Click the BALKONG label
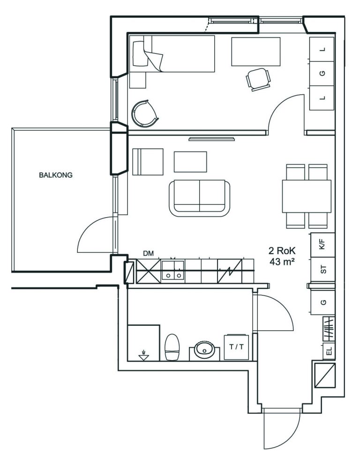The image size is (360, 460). click(56, 175)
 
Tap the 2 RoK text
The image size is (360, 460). click(282, 251)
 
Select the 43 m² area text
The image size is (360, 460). click(282, 261)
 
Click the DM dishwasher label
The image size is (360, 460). click(148, 254)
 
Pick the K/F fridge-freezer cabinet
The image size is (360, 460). click(322, 245)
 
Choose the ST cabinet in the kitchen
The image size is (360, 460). click(322, 270)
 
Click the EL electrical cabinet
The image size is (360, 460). click(329, 351)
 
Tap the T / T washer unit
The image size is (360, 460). click(236, 347)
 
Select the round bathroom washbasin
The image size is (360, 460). click(204, 349)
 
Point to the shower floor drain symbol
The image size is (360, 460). click(143, 355)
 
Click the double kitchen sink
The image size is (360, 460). click(173, 270)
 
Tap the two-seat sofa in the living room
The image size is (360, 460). click(199, 199)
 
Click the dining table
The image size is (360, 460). click(307, 196)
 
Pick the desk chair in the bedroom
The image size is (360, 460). click(258, 79)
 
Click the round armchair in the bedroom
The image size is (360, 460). click(145, 113)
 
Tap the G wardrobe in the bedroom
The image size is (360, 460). click(322, 73)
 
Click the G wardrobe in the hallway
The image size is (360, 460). click(323, 302)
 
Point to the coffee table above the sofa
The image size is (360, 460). click(190, 162)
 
